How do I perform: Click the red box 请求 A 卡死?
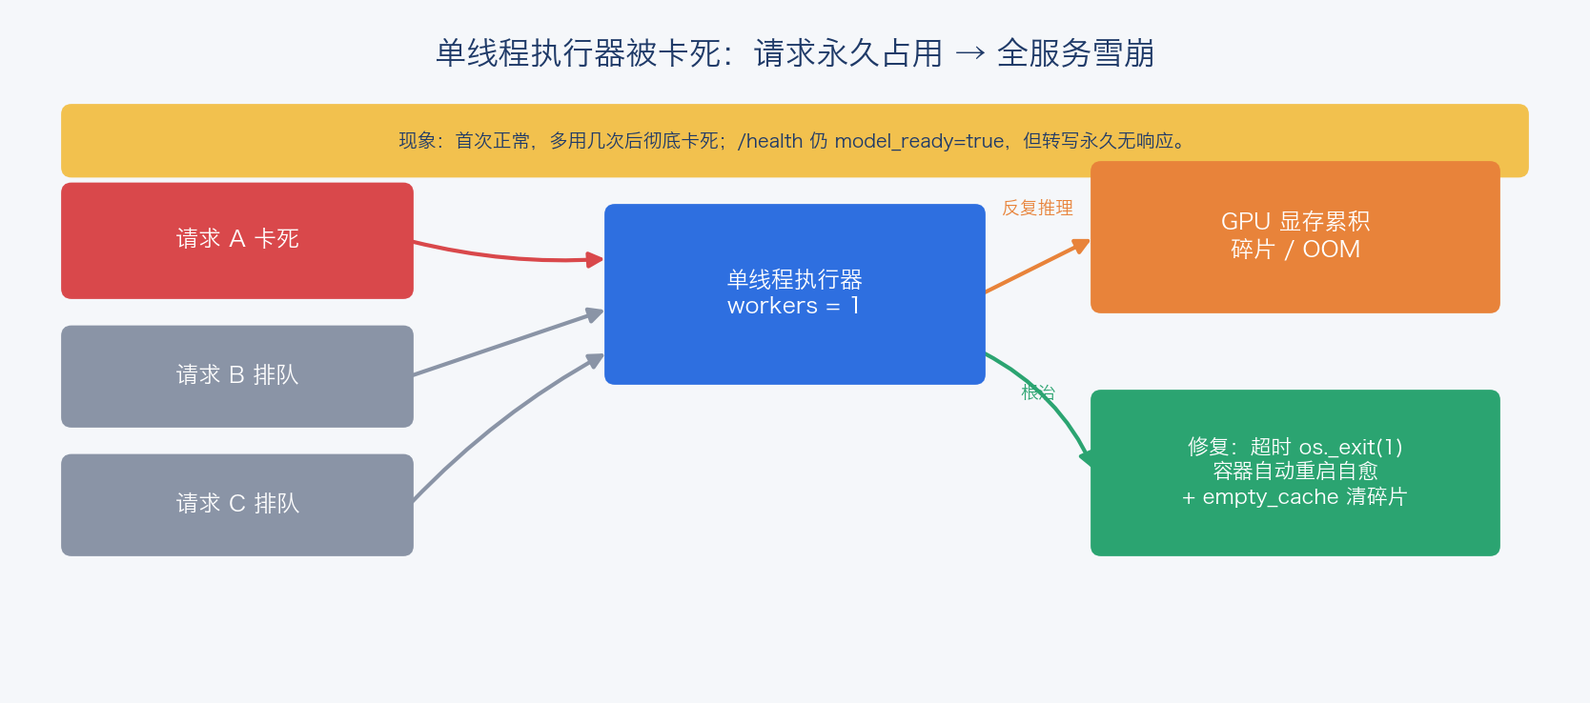[237, 240]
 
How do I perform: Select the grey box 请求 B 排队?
[237, 376]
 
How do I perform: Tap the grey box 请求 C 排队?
[237, 504]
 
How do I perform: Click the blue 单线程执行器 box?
[794, 293]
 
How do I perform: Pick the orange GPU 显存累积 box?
[1294, 237]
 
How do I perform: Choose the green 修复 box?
[1294, 472]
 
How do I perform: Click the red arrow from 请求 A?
[507, 258]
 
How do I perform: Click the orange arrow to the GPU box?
[1038, 266]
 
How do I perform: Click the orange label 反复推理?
[1037, 208]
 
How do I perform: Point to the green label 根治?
[1038, 392]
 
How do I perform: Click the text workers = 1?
[794, 306]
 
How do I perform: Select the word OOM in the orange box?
[1331, 250]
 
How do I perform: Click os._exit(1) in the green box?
[1351, 447]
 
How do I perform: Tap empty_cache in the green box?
[1270, 497]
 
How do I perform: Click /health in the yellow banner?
[770, 141]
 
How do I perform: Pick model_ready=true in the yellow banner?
[919, 141]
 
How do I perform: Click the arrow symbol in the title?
[969, 53]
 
